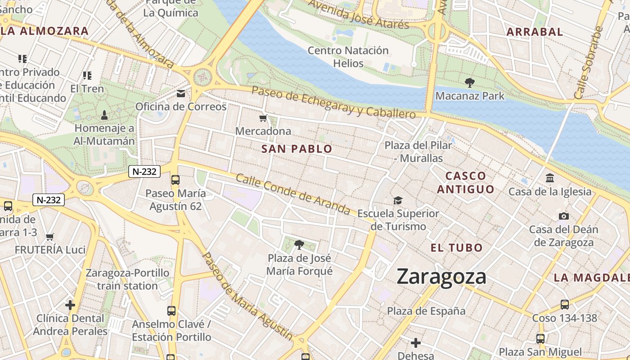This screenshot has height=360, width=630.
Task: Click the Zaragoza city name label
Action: click(x=441, y=276)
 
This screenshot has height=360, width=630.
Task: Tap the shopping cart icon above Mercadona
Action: click(x=263, y=118)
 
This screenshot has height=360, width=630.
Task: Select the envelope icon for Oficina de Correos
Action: click(x=181, y=94)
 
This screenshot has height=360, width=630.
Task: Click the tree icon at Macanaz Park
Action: click(x=470, y=83)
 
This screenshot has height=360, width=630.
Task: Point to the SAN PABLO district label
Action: click(x=297, y=149)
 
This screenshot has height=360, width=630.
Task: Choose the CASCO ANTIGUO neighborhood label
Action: click(x=465, y=182)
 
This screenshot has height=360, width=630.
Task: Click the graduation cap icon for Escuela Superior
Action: click(x=398, y=200)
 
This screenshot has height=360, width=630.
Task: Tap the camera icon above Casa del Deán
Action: click(x=563, y=216)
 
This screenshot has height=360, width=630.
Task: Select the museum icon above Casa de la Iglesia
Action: click(x=549, y=178)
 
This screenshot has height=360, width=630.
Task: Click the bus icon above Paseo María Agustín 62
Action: click(x=175, y=180)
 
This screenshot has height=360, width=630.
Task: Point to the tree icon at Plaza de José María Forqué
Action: click(x=299, y=245)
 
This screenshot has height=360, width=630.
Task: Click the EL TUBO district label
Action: click(x=456, y=247)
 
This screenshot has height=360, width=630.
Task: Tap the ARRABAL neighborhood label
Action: click(x=535, y=32)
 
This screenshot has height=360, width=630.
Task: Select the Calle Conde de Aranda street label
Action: click(x=293, y=194)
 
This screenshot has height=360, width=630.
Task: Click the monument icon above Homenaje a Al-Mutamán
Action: click(x=104, y=115)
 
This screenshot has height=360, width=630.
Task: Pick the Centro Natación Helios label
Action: click(x=348, y=57)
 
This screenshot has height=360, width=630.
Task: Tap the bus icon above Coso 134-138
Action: click(x=564, y=305)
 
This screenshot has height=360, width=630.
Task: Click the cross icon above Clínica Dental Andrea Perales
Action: click(x=70, y=305)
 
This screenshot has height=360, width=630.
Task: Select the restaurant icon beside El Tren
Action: click(x=87, y=76)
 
